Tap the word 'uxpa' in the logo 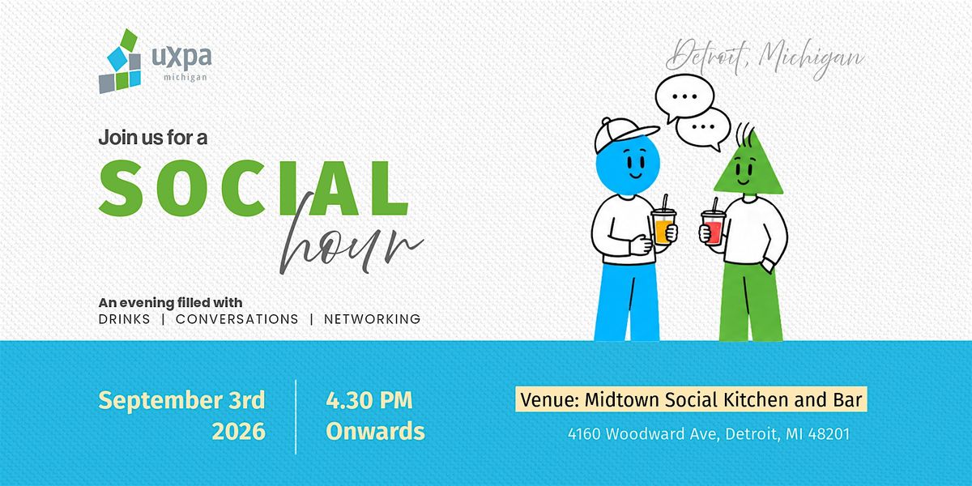181,58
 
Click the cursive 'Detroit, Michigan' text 765,60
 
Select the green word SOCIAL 254,188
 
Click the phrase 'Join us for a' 153,138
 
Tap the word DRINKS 125,319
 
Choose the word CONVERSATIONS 237,319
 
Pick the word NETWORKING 373,319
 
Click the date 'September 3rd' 181,401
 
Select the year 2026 239,431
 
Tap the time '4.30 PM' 369,400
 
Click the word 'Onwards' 375,431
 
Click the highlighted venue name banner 691,399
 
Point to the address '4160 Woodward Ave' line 709,434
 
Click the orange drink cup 663,227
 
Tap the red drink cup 714,228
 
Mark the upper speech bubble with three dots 684,97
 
